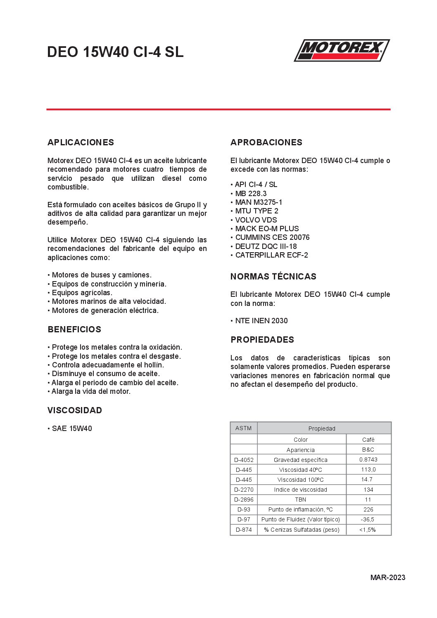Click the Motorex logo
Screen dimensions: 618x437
tap(342, 50)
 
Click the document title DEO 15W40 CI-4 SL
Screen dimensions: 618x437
tap(115, 52)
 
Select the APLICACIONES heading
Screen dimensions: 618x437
tap(81, 142)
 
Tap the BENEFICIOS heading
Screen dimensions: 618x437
tap(74, 329)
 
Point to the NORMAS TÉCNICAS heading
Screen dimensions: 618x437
tap(273, 277)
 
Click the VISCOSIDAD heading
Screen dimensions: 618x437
tap(75, 410)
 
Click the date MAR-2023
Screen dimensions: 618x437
tap(387, 578)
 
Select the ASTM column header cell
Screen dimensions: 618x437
tap(243, 428)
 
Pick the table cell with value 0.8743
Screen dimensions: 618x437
tap(368, 459)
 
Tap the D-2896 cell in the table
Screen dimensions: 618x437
tap(244, 500)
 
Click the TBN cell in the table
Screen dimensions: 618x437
tap(301, 500)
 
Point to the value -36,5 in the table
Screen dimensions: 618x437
tap(368, 519)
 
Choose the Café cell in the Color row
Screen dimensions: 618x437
tap(368, 440)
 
